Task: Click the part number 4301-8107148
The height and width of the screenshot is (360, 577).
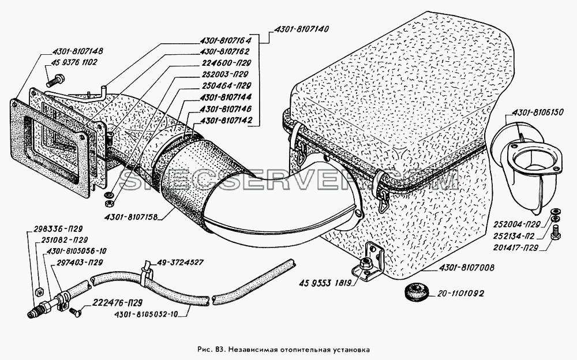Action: [x=78, y=51]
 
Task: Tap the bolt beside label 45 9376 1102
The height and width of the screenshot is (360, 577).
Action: [x=55, y=80]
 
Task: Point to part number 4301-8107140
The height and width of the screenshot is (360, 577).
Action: [x=301, y=29]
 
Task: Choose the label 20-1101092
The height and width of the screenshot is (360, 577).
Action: [x=460, y=294]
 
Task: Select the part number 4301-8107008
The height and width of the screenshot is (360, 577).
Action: [x=467, y=268]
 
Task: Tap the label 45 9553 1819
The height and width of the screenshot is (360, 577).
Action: [x=326, y=283]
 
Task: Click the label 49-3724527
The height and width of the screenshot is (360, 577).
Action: [x=180, y=262]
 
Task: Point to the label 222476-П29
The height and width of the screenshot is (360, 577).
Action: [x=112, y=303]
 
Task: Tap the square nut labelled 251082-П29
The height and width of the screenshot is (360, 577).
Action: [x=38, y=291]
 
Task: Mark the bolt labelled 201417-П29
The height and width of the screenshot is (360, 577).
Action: [x=556, y=233]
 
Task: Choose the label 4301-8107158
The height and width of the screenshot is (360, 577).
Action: [x=130, y=217]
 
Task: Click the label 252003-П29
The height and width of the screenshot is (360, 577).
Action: [x=224, y=74]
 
